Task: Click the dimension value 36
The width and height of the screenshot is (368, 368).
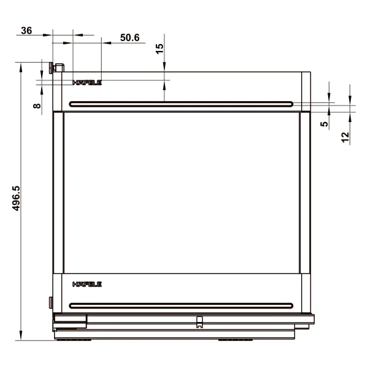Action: pos(27,31)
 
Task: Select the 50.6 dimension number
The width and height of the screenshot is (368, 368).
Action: pos(129,38)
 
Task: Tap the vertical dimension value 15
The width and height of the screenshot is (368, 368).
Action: pos(159,49)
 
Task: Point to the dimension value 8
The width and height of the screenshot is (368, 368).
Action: pos(37,105)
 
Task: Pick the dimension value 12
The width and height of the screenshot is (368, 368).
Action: pos(345,136)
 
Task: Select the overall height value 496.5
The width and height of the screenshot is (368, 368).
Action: pos(17,198)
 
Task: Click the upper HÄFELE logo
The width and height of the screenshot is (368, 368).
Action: pos(87,82)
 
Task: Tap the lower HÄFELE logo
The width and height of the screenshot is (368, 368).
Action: pos(87,285)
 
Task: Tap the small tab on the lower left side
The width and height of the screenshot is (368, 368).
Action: pos(51,301)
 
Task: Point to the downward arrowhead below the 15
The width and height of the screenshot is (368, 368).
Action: pos(164,76)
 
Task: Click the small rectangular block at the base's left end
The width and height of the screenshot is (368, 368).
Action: pos(70,319)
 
